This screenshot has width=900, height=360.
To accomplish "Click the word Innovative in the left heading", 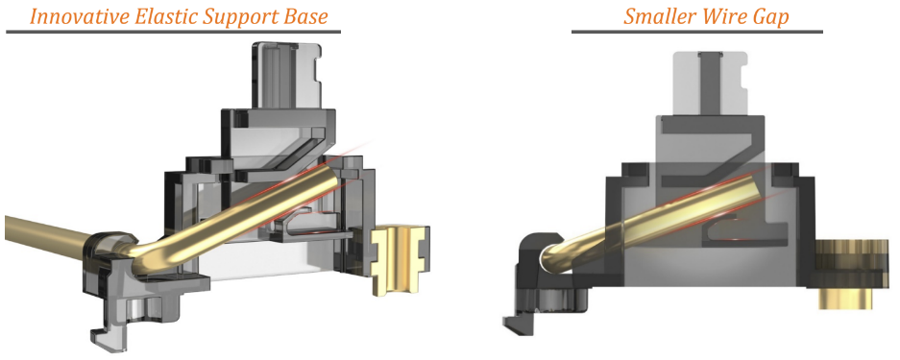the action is pos(80,15).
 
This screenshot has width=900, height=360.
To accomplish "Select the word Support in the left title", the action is pos(240,17).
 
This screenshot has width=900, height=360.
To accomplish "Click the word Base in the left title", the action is pos(307,15).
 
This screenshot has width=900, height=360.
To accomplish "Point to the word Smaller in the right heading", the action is pos(657,15).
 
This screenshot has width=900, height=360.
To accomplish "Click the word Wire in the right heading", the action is pos(718,15).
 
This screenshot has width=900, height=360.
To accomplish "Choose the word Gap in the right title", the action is pos(767,17).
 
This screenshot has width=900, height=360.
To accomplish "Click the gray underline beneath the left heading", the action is pos(173,31).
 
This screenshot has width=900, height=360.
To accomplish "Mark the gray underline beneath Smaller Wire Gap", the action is pos(696,31).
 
